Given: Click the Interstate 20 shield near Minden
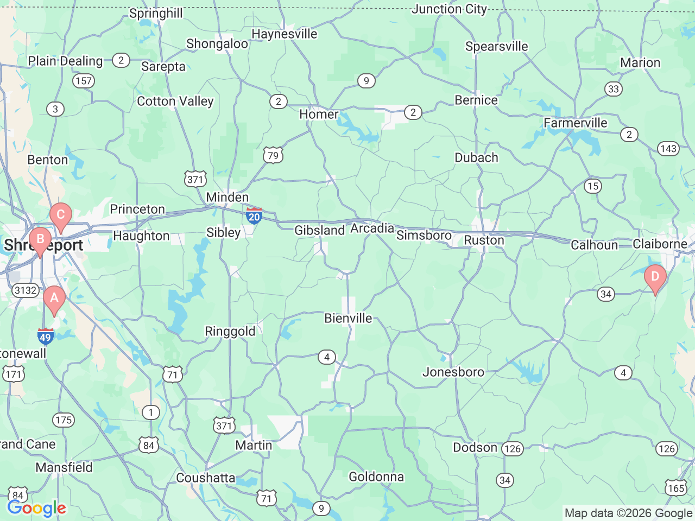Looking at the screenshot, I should (254, 215).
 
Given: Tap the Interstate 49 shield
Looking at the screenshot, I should (46, 336).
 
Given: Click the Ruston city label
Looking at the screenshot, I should (484, 240).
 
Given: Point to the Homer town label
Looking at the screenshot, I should (319, 115).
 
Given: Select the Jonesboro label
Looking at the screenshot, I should (453, 372).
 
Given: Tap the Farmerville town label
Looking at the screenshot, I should (576, 123).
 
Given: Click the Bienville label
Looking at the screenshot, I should (348, 319).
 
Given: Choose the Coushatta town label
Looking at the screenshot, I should (206, 478).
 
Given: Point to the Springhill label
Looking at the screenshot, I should (156, 13).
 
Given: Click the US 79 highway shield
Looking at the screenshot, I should (273, 156).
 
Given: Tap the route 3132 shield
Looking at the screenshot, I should (26, 290).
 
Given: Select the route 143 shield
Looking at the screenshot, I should (668, 149).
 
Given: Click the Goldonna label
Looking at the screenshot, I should (376, 477).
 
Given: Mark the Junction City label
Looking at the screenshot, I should (449, 9).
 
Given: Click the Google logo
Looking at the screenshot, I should (36, 509).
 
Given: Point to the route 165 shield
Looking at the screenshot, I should (676, 488).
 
